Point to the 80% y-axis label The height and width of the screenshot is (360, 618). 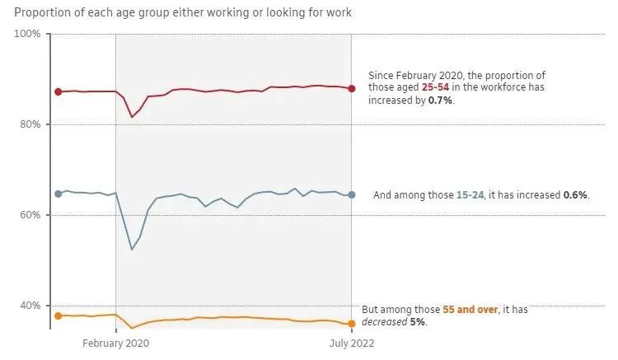click(x=30, y=124)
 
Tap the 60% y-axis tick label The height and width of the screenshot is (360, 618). click(x=30, y=215)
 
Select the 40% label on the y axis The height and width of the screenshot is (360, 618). click(x=30, y=306)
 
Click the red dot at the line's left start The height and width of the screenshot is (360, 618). click(x=58, y=91)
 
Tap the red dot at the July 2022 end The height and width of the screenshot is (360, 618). click(x=352, y=88)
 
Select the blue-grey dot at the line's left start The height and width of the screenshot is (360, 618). click(x=58, y=194)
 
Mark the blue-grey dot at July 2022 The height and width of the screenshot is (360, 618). click(x=352, y=194)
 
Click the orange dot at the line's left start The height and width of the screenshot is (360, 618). click(x=58, y=316)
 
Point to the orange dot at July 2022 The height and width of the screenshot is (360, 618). click(x=352, y=323)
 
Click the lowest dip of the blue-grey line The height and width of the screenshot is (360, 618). click(x=132, y=249)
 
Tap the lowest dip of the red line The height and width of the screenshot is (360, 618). click(x=132, y=117)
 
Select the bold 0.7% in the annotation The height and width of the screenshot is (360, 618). click(x=441, y=100)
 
